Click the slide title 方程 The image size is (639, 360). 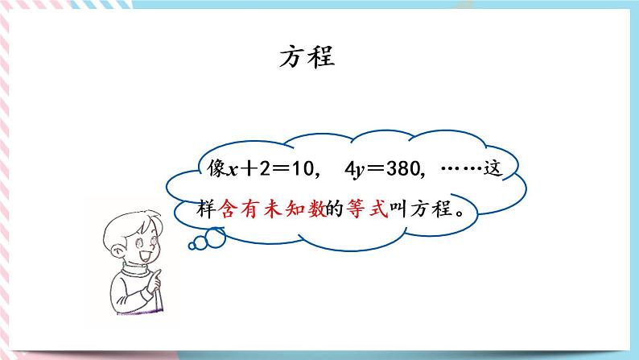(307, 56)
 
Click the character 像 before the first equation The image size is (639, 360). (217, 170)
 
